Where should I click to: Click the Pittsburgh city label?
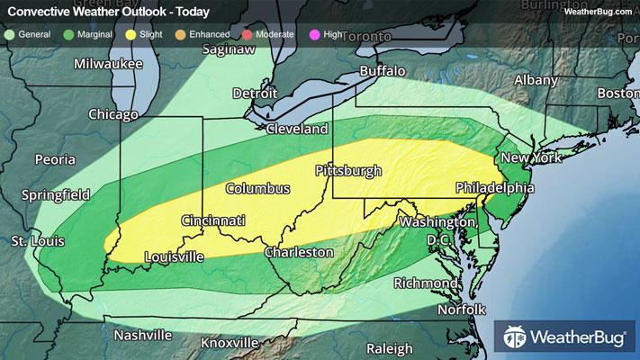[348, 170]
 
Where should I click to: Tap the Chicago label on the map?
[113, 114]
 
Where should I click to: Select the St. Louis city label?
[37, 241]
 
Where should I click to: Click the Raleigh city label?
[389, 348]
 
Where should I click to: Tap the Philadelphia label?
[494, 188]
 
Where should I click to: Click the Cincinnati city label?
[213, 220]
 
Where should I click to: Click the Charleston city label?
[299, 253]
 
